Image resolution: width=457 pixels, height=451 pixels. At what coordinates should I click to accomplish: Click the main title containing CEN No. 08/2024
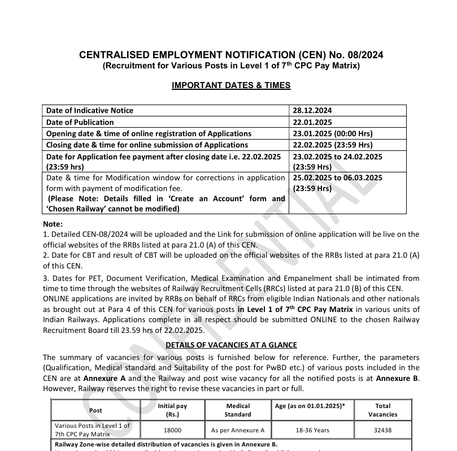tap(230, 55)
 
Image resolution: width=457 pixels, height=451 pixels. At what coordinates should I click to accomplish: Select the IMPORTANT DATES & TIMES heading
tap(230, 85)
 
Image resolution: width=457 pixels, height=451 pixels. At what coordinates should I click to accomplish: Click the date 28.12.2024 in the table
tap(312, 110)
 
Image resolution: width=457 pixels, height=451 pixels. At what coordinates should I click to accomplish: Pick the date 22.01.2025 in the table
tap(312, 122)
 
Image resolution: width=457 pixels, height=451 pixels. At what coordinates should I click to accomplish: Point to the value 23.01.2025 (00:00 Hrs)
tap(332, 133)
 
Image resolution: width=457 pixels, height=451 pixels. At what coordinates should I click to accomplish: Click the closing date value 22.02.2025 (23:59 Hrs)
tap(332, 145)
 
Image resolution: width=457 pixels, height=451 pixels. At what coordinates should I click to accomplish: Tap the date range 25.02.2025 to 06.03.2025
tap(337, 177)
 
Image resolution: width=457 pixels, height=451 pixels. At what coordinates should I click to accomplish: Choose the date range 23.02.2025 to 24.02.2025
tap(337, 157)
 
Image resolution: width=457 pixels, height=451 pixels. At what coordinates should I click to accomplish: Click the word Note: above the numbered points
tap(53, 224)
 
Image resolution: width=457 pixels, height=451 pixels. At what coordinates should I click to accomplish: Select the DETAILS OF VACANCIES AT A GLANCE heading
tap(230, 345)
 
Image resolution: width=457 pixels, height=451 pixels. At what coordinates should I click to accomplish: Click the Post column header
tap(96, 410)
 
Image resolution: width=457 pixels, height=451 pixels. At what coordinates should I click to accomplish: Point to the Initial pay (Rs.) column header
tap(172, 410)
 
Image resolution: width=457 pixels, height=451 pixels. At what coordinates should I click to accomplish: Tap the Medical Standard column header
tap(238, 410)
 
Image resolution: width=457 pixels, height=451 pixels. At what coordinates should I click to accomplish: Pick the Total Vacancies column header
tap(382, 410)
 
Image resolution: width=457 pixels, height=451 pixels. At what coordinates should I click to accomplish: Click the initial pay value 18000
tap(172, 430)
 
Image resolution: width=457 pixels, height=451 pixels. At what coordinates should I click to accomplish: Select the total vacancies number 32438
tap(382, 430)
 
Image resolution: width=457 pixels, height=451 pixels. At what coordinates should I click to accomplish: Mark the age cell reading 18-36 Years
tap(310, 430)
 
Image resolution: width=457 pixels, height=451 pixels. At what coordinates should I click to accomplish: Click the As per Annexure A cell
tap(238, 430)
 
